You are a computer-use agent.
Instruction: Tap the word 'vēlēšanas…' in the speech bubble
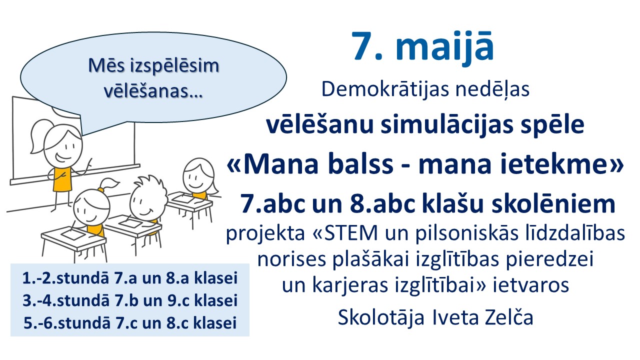click(153, 91)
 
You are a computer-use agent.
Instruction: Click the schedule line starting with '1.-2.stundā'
click(130, 278)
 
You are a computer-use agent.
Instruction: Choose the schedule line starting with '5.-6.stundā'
click(130, 323)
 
